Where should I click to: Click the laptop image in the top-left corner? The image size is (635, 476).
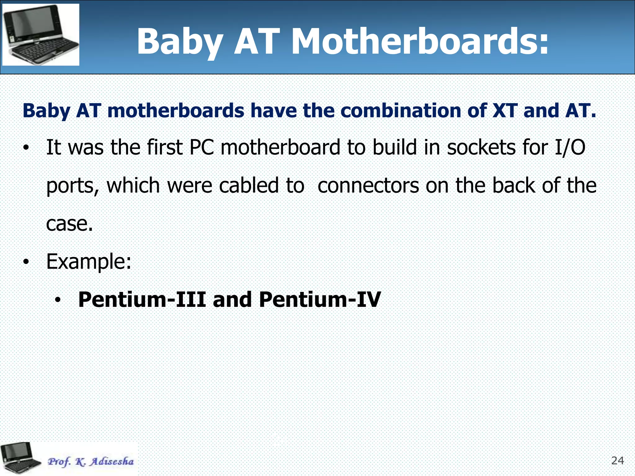pos(41,34)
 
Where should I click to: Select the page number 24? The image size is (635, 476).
pos(617,461)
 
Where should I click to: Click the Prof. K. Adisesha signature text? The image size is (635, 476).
pos(91,461)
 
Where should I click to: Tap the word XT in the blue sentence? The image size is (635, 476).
pos(504,111)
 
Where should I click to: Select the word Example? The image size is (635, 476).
pos(89,262)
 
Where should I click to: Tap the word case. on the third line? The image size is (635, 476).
pos(69,224)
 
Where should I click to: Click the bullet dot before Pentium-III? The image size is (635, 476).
pos(57,300)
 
